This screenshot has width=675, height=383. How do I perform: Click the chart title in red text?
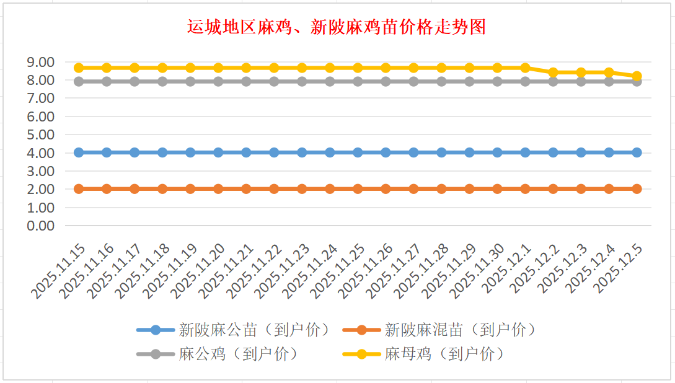tap(337, 28)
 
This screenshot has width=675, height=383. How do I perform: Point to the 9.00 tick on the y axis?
tap(40, 62)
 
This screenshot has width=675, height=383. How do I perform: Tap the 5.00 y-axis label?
tap(40, 134)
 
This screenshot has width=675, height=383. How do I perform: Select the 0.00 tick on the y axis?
tap(40, 226)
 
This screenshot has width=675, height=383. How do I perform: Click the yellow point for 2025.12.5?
tap(637, 76)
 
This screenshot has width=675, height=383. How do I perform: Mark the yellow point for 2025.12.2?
tap(553, 73)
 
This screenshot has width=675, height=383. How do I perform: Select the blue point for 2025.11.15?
tap(79, 152)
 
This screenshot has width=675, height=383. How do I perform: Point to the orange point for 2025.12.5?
tap(637, 189)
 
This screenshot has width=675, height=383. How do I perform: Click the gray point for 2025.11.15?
tap(79, 81)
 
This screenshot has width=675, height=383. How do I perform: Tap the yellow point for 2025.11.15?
tap(79, 68)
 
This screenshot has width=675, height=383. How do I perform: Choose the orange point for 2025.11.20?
tap(218, 189)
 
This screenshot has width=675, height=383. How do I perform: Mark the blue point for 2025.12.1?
tap(525, 152)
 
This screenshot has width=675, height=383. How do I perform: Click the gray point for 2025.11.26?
tap(386, 81)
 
